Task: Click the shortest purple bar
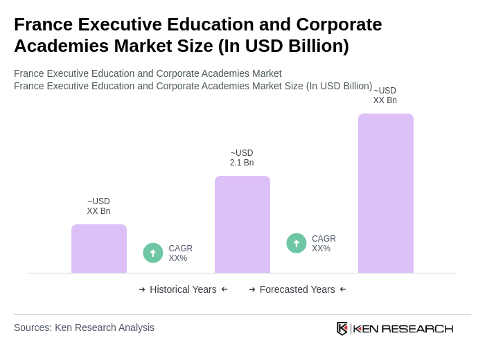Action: pos(99,249)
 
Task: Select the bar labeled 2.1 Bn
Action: pos(242,224)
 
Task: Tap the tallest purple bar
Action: pos(386,193)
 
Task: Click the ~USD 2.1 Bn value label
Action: pos(242,158)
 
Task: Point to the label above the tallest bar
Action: pos(385,96)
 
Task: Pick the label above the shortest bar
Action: pos(98,206)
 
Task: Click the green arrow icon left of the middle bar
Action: pos(153,253)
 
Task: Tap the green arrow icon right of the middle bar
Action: pos(297,243)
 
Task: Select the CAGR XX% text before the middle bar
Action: pos(180,253)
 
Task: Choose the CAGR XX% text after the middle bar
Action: pos(324,244)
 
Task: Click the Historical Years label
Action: pos(183,289)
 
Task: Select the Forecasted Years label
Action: pos(297,289)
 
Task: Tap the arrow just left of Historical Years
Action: pos(142,289)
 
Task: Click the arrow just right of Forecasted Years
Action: pos(343,289)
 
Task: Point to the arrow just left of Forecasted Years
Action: pos(252,289)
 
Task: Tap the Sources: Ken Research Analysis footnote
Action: pos(84,327)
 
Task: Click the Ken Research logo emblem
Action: pos(342,328)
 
